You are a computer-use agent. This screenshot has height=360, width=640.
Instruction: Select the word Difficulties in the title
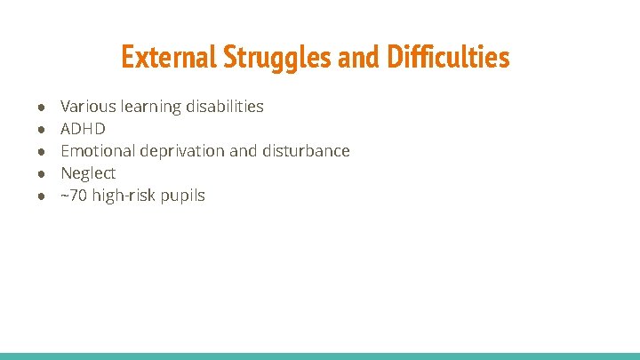point(448,58)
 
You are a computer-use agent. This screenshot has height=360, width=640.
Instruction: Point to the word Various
point(88,107)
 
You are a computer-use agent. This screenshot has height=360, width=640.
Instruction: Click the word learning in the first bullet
point(150,107)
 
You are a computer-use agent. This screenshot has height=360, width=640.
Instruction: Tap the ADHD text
point(83,129)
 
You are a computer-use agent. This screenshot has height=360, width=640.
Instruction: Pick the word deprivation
point(184,151)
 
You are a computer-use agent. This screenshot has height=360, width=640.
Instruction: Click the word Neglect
point(88,173)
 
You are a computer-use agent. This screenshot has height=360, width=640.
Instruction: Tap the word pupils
point(182,196)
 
